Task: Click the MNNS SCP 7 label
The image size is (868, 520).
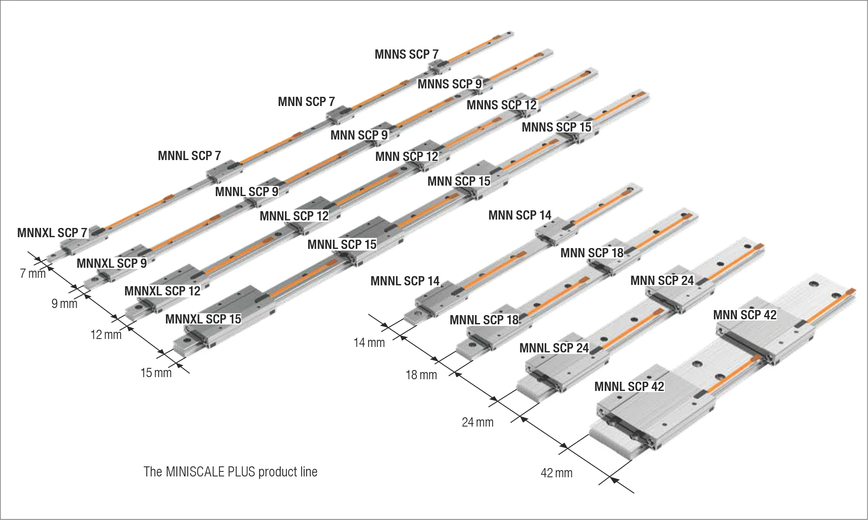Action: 406,54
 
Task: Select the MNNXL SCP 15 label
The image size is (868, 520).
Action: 203,319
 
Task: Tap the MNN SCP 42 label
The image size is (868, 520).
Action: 745,315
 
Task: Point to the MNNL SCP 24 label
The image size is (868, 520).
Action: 554,348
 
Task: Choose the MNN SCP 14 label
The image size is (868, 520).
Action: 520,215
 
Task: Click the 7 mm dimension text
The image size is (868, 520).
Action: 33,274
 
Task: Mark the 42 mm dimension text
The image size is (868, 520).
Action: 556,473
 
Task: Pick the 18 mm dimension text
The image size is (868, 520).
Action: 421,375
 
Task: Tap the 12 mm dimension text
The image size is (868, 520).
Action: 106,334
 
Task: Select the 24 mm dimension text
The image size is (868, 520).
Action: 478,422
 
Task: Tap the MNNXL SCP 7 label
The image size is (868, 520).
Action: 52,233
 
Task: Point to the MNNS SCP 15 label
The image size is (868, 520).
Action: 556,127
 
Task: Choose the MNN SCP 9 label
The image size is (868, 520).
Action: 359,135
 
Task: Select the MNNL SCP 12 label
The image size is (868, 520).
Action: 294,216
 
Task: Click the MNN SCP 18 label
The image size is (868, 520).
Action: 592,253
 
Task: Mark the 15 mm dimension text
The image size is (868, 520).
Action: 156,373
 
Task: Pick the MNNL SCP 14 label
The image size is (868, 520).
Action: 405,281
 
